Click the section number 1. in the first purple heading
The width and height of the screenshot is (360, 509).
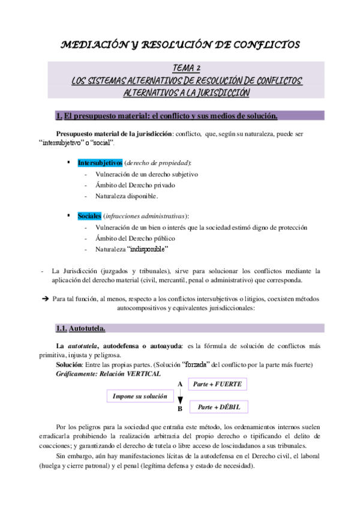[x=59, y=115]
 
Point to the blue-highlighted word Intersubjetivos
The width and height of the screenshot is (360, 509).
[x=100, y=163]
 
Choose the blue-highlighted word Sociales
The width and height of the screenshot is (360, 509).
[x=89, y=215]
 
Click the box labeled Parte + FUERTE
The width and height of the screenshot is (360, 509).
[x=217, y=384]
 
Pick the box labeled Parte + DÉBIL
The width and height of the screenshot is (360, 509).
[x=218, y=407]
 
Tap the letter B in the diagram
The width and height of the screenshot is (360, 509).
[x=179, y=409]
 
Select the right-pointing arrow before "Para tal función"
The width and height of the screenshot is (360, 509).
[x=45, y=298]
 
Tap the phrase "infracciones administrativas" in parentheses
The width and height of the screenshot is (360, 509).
[x=145, y=215]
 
